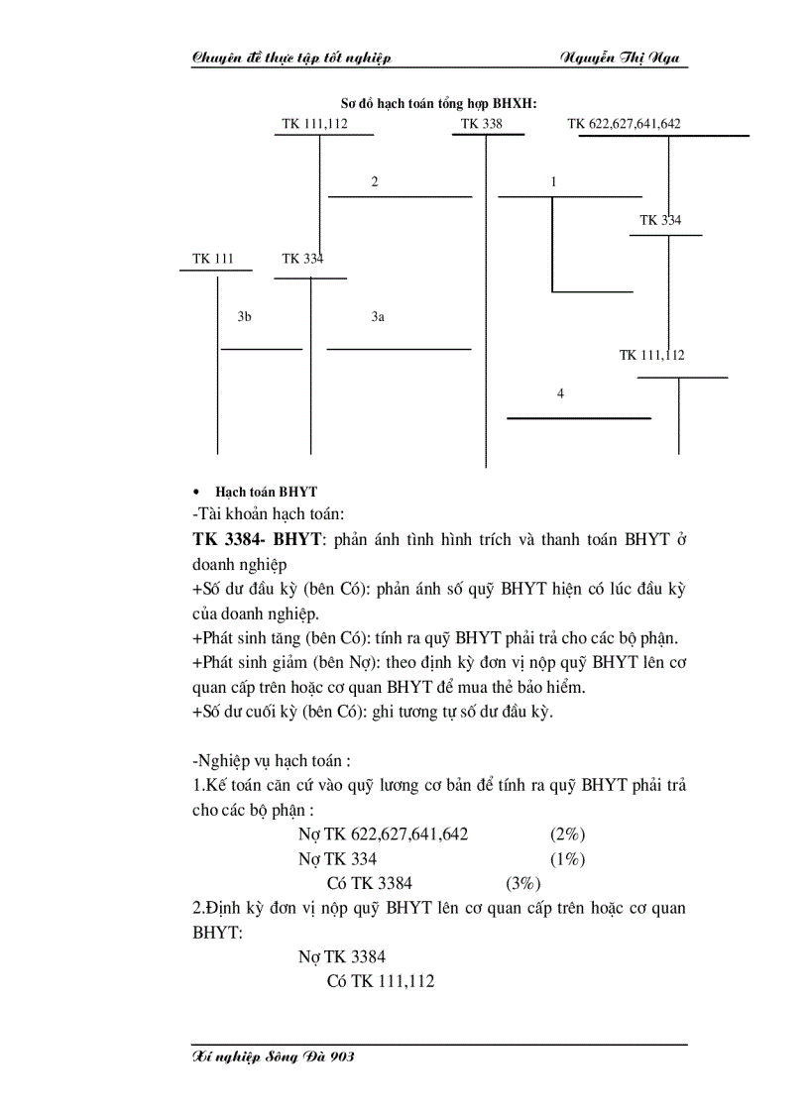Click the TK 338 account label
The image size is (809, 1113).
[x=481, y=124]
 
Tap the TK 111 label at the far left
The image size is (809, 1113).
[x=213, y=259]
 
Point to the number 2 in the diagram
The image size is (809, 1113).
[x=375, y=181]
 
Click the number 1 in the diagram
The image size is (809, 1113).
[x=553, y=181]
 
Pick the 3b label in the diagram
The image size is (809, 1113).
[x=244, y=317]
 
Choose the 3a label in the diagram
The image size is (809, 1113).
[x=378, y=317]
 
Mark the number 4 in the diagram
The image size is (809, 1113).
[x=560, y=393]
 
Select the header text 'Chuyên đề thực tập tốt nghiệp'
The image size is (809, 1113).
[x=291, y=57]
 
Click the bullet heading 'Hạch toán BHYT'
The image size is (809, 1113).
[x=266, y=492]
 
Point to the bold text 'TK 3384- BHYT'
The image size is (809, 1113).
[x=257, y=540]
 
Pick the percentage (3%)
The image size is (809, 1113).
[x=523, y=883]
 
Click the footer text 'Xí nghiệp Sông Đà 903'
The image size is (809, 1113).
[x=274, y=1057]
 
